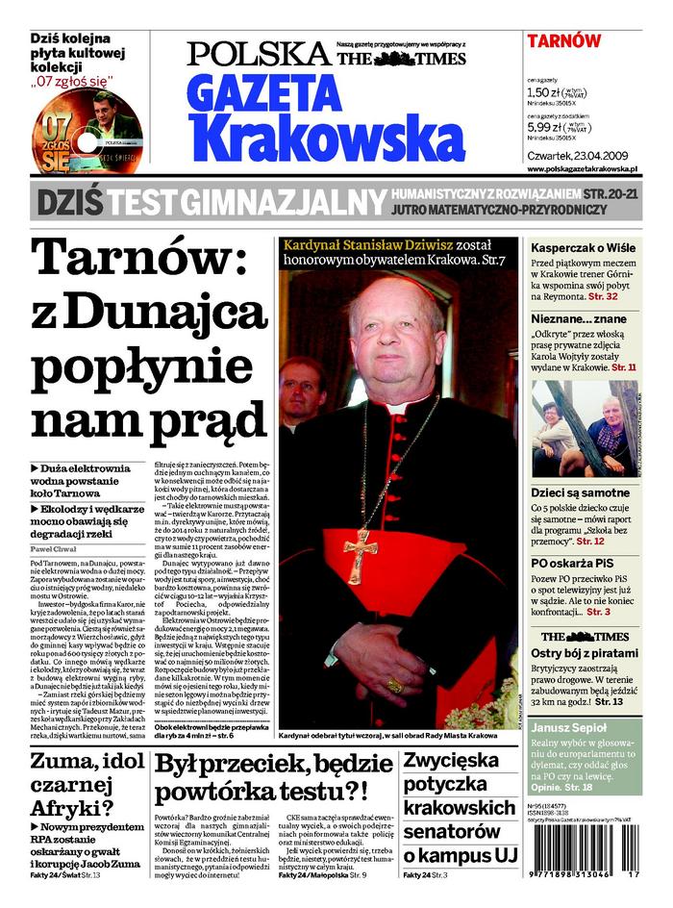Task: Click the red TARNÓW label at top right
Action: click(x=563, y=41)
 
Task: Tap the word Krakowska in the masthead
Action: click(x=325, y=137)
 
